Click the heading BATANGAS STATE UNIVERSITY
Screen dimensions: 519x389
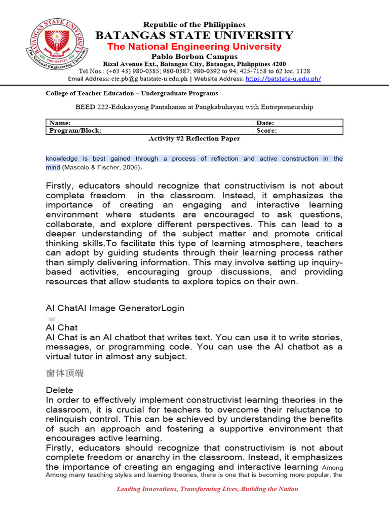click(194, 35)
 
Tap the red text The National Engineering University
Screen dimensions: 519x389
click(194, 47)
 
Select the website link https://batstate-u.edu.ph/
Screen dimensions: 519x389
click(283, 79)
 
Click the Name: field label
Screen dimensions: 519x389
click(59, 123)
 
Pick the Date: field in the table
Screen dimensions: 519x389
click(266, 123)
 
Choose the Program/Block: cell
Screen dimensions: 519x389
click(75, 131)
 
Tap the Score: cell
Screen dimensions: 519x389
click(266, 131)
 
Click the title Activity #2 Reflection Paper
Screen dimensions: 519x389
click(194, 138)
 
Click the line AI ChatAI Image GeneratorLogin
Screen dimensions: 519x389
click(115, 308)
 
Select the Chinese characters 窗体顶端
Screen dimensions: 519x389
click(65, 374)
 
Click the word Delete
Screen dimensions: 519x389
click(59, 390)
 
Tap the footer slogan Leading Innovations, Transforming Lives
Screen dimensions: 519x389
click(207, 489)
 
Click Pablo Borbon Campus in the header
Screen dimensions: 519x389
click(194, 57)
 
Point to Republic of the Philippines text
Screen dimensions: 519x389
click(194, 25)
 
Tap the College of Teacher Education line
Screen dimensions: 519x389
click(132, 93)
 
